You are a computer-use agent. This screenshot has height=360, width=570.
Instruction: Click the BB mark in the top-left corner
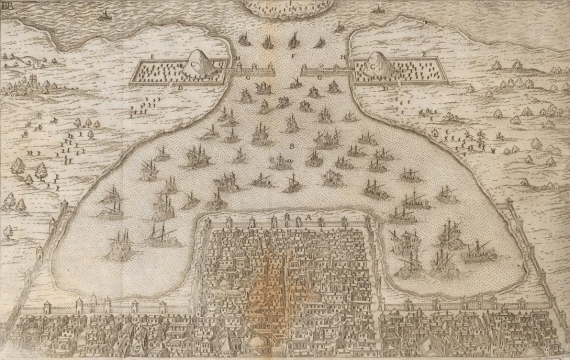[x=9, y=8]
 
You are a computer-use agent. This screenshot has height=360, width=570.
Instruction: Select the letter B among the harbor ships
[x=291, y=146]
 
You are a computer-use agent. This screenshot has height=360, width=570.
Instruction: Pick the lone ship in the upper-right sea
[x=378, y=12]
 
